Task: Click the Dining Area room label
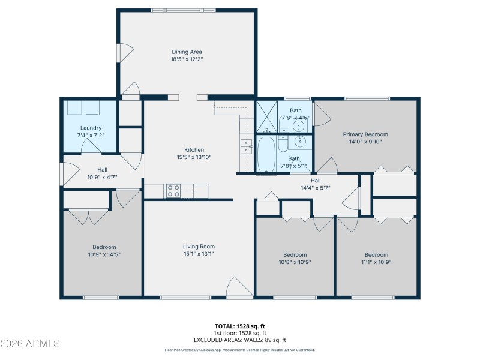(187, 52)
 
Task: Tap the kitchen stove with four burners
(173, 191)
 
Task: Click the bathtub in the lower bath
(266, 155)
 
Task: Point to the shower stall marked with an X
(265, 116)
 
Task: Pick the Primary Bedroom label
(365, 134)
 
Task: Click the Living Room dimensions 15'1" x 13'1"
(199, 254)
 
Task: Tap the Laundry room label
(91, 128)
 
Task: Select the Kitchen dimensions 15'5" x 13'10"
(194, 157)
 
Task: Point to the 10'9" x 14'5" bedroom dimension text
(104, 254)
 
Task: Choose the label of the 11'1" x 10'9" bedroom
(376, 254)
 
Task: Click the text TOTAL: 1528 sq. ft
(241, 326)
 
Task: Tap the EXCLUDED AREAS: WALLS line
(241, 340)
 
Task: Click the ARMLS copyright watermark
(31, 344)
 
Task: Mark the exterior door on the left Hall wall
(62, 173)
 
